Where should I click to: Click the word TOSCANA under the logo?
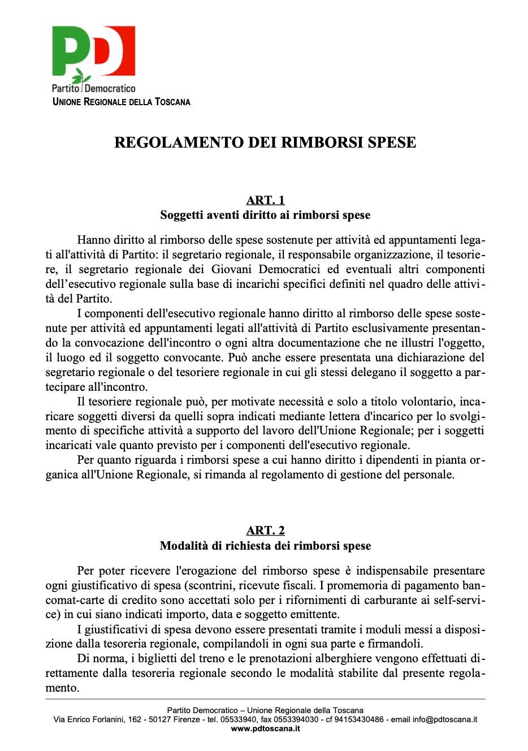(x=172, y=102)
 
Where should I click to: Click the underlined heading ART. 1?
(x=265, y=200)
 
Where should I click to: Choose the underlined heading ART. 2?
(x=265, y=530)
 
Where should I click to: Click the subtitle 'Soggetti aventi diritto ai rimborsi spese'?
(x=265, y=215)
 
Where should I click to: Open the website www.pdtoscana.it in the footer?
(x=265, y=728)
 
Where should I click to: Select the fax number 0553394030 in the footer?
(x=296, y=719)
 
